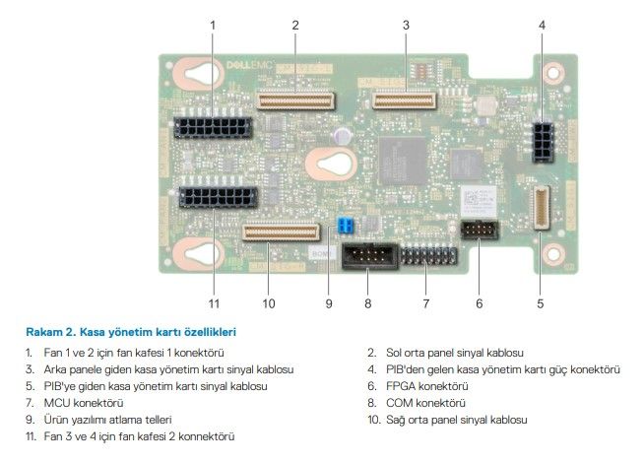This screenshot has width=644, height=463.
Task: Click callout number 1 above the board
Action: click(x=212, y=23)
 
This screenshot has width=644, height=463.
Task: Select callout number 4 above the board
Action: click(x=540, y=23)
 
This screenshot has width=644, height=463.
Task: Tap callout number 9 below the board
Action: click(x=329, y=302)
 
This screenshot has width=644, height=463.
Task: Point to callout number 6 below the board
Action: click(x=479, y=302)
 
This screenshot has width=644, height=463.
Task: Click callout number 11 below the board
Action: click(x=212, y=302)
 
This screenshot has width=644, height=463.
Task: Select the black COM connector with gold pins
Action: click(x=367, y=257)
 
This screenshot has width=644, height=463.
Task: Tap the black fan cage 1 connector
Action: click(x=212, y=128)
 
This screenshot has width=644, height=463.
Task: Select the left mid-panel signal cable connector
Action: click(x=294, y=99)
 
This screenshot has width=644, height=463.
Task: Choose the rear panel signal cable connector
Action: click(x=404, y=99)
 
